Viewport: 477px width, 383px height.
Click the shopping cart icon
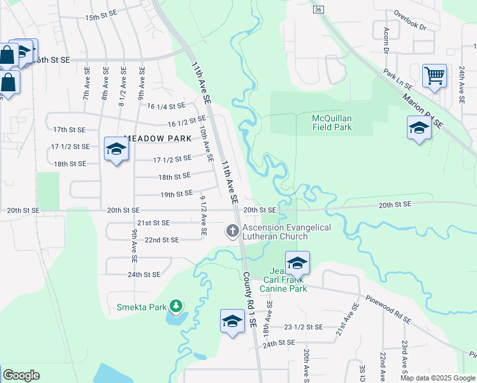coord(434,76)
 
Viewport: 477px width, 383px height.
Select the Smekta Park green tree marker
coord(176,307)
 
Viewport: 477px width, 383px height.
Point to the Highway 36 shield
coord(319,10)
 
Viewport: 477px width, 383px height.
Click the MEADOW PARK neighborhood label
coord(158,138)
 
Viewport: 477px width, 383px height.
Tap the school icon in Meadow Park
coord(116,149)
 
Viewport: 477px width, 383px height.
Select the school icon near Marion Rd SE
coord(419,128)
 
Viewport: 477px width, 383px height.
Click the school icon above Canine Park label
coord(297,262)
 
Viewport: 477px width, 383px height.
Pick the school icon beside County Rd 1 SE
coord(232,321)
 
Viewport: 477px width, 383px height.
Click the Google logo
coord(21,375)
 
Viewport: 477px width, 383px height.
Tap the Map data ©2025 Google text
coord(437,378)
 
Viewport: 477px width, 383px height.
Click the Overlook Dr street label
coord(409,30)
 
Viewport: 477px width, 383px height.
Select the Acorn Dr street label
coord(386,40)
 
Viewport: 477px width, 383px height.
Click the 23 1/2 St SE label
coord(304,326)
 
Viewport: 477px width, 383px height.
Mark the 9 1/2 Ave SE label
coord(203,215)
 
